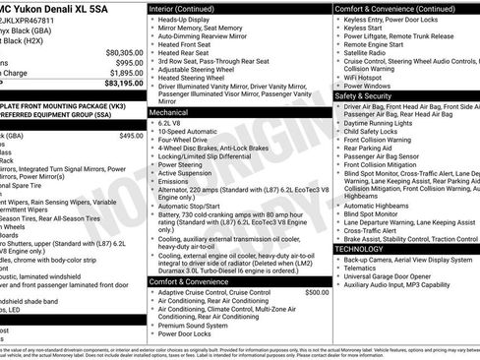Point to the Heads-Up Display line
point(187,20)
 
